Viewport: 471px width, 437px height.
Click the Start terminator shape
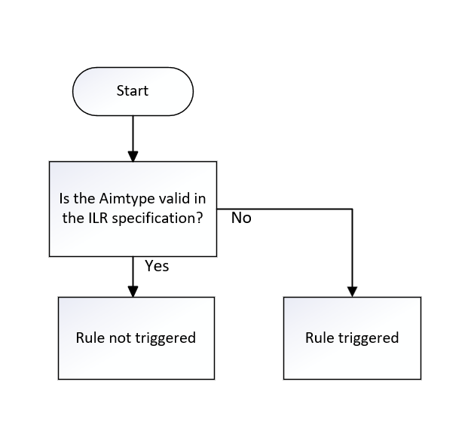point(133,91)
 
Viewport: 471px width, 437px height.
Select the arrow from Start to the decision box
point(133,136)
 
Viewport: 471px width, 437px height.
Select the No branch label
point(241,218)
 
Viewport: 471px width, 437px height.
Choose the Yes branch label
point(157,266)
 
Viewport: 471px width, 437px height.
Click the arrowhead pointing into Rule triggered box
point(352,291)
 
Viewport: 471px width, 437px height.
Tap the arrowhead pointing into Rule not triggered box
point(133,291)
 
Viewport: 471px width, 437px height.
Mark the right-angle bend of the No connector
point(352,209)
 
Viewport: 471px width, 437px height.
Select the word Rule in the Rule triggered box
point(319,338)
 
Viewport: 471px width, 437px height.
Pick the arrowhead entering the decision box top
point(133,156)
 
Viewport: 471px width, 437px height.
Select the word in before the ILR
point(199,200)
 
